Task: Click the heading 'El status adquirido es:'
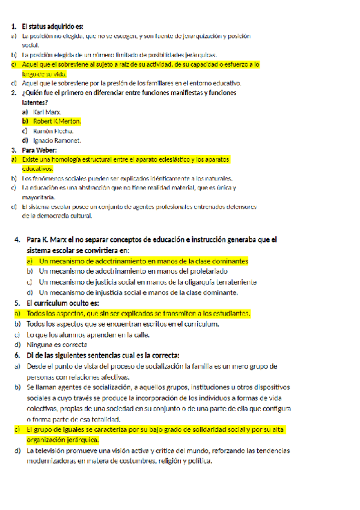coord(52,26)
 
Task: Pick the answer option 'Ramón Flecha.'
coord(53,131)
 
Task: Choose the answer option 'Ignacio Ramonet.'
coord(57,140)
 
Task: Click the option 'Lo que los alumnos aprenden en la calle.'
coord(88,334)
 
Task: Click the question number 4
coord(18,240)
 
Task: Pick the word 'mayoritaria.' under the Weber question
coord(39,197)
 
